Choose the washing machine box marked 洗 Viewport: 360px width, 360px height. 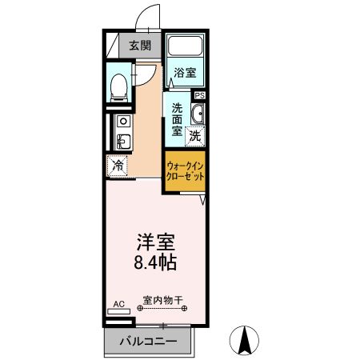[x=194, y=136]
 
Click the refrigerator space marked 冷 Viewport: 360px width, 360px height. [x=117, y=166]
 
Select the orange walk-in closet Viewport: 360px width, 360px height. [x=183, y=172]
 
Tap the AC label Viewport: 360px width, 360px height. [x=118, y=304]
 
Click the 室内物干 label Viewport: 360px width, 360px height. [x=163, y=302]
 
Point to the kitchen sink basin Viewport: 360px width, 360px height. [x=121, y=142]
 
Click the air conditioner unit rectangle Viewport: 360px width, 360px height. [x=118, y=314]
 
